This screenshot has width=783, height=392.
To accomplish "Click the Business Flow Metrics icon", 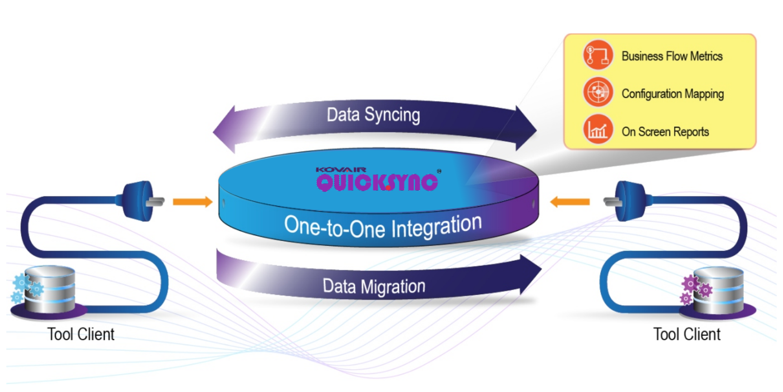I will pos(598,55).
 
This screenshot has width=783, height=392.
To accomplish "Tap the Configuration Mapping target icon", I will pos(598,92).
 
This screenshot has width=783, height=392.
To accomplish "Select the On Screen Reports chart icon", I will pos(598,130).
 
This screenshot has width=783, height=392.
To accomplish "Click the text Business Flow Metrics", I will pos(672,56).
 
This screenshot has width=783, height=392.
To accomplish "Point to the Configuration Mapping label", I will pos(672,94).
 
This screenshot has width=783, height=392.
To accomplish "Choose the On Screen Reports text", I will pos(665,132).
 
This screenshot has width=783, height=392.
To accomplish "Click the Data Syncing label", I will pos(373,115).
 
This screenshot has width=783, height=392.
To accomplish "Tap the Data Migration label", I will pos(374,286).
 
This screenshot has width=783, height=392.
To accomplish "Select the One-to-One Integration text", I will pos(383,226).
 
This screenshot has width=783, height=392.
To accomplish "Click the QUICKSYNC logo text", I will pos(377,182).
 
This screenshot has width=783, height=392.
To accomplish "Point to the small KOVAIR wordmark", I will pos(341,169).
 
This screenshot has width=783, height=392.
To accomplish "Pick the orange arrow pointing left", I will pos(570,201).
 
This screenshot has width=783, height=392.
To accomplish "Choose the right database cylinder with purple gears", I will pos(717,290).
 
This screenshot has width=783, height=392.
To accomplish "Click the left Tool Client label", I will pos(81,334).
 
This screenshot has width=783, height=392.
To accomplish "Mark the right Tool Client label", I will pos(687,334).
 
